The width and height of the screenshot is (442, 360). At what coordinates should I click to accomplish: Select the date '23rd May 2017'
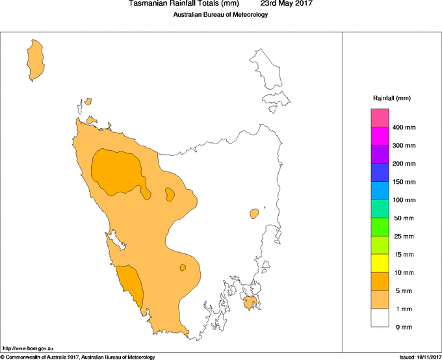[x=282, y=4]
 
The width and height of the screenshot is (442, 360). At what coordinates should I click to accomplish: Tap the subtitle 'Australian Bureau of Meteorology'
[x=220, y=15]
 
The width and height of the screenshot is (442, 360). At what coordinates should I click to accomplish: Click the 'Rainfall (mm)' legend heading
[x=392, y=98]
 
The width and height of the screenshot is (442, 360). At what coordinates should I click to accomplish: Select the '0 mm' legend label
[x=404, y=327]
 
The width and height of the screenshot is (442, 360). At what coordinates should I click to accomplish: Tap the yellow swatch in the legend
[x=380, y=263]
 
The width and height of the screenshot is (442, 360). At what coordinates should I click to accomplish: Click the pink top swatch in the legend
[x=380, y=118]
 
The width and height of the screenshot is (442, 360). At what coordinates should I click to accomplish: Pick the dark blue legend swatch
[x=380, y=173]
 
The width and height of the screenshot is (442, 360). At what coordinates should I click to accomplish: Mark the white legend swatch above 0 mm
[x=380, y=318]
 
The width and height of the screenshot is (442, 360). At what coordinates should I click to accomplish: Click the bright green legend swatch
[x=380, y=227]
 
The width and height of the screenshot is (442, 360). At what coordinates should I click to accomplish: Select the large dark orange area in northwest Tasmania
[x=117, y=170]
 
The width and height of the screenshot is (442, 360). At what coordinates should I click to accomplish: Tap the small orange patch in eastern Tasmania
[x=254, y=213]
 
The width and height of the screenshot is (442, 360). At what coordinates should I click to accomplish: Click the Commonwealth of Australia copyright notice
[x=78, y=357]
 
